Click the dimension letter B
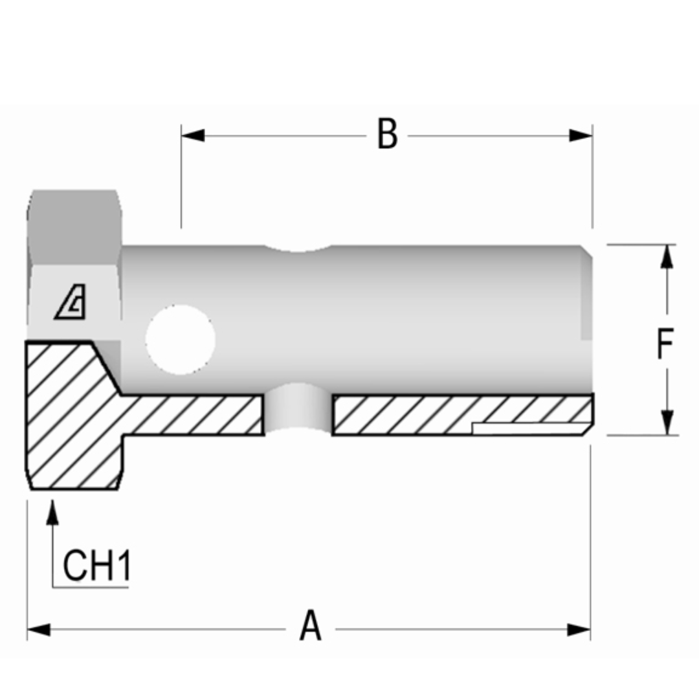coord(387,135)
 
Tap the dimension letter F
coord(665,344)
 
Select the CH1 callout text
coord(97,565)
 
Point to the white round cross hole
coord(180,339)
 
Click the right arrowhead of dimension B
coord(581,135)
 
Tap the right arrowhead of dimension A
coord(579,629)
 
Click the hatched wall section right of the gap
coord(414,414)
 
